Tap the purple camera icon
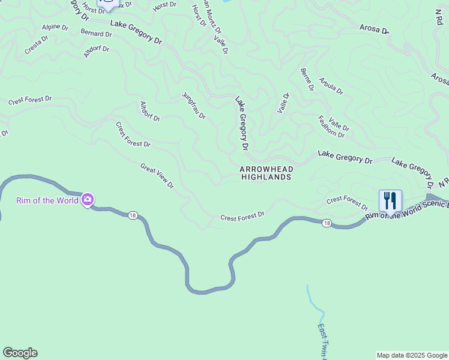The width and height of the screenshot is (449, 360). pyautogui.click(x=88, y=200)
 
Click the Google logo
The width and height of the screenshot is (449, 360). pyautogui.click(x=20, y=353)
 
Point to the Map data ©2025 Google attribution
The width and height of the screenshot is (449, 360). pyautogui.click(x=412, y=355)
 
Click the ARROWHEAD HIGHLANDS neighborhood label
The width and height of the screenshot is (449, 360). pyautogui.click(x=266, y=173)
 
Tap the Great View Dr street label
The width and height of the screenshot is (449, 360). pyautogui.click(x=157, y=176)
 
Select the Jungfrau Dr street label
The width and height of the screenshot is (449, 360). pyautogui.click(x=194, y=106)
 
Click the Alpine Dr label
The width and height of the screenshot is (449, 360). pyautogui.click(x=55, y=27)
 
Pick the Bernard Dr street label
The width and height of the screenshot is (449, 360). pyautogui.click(x=96, y=34)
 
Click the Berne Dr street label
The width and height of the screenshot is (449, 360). pyautogui.click(x=307, y=79)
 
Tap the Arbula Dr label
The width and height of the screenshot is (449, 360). pyautogui.click(x=331, y=86)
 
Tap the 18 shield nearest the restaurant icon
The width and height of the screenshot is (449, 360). pyautogui.click(x=326, y=223)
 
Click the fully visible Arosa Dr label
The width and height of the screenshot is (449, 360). pyautogui.click(x=374, y=28)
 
